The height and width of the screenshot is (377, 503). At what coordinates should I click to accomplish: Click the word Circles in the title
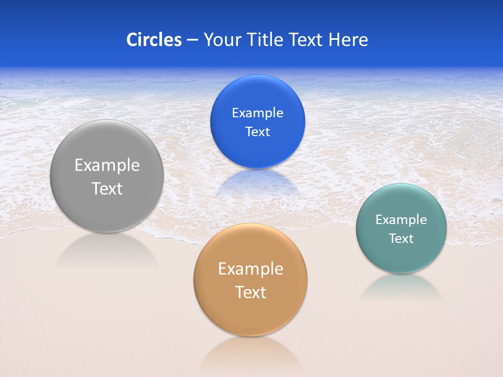tap(154, 40)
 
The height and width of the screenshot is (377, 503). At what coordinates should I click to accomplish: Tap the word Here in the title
tap(348, 40)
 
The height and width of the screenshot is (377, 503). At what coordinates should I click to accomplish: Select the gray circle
tap(107, 209)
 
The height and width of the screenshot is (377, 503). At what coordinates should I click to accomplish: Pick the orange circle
tap(250, 314)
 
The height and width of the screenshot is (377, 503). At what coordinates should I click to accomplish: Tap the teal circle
tap(401, 257)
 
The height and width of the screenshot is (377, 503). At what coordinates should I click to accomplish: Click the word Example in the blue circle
tap(257, 113)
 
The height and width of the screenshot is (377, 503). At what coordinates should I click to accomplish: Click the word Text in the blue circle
tap(257, 131)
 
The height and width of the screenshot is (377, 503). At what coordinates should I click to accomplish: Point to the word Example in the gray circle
tap(107, 165)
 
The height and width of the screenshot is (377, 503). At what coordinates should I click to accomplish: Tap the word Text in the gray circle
tap(107, 188)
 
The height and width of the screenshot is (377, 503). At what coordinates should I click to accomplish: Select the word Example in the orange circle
tap(250, 269)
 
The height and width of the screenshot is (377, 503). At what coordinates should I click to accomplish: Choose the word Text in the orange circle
tap(250, 292)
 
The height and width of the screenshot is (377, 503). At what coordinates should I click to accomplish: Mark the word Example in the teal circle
tap(401, 220)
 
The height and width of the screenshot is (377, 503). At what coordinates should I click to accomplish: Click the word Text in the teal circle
tap(401, 239)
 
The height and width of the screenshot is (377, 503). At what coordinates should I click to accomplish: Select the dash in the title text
tap(192, 40)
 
